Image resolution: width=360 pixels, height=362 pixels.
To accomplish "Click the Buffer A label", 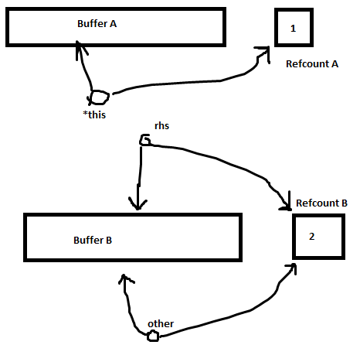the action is [x=97, y=24].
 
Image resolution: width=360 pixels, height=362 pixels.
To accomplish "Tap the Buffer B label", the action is [x=93, y=241].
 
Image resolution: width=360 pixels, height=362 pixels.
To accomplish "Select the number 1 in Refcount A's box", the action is [x=293, y=29].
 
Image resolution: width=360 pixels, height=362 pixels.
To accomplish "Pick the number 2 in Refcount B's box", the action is [x=311, y=237].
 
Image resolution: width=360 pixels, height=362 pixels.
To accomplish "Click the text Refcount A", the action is [x=312, y=64].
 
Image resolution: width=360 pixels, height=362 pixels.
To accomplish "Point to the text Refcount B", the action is [x=322, y=203].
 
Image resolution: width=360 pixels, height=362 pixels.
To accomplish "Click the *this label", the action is [x=94, y=114].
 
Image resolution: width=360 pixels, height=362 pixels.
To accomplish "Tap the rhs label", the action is [x=161, y=126].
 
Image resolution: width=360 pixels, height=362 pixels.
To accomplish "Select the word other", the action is [x=161, y=324].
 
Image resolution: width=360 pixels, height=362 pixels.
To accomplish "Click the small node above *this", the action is [x=100, y=97].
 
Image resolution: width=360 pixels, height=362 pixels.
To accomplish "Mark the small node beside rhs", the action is [x=144, y=140].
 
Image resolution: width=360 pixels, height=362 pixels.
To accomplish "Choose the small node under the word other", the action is [x=153, y=336].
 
